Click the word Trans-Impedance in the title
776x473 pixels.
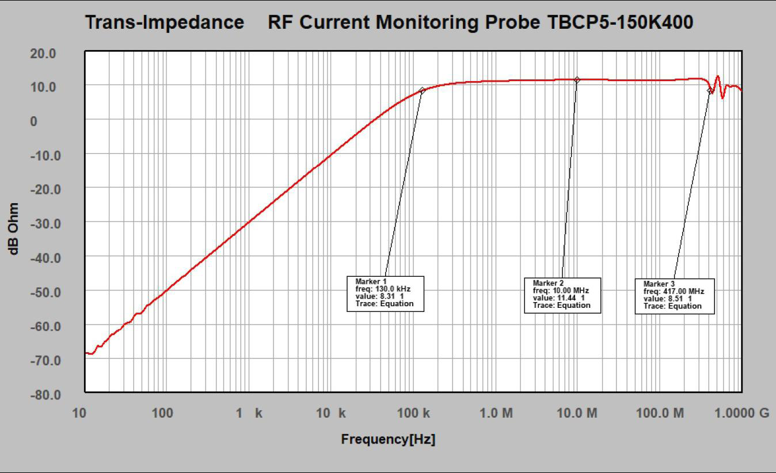165,22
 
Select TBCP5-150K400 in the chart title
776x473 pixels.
620,22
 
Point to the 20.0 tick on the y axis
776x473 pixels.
43,54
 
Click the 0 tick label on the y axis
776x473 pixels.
33,121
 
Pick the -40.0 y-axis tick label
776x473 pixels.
45,258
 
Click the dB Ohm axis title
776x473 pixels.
13,229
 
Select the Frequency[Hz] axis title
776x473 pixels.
388,439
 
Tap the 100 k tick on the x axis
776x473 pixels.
413,413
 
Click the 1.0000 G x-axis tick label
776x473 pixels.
741,413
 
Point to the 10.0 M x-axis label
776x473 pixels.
577,413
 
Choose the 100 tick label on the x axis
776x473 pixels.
162,413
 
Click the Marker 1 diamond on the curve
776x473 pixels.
422,90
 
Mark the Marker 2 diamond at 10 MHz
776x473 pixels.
577,80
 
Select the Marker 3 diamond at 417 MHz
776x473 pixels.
710,91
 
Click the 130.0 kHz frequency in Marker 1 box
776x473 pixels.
393,289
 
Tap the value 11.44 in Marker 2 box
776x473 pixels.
566,298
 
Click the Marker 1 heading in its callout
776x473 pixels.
371,281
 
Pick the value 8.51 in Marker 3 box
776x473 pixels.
675,299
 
